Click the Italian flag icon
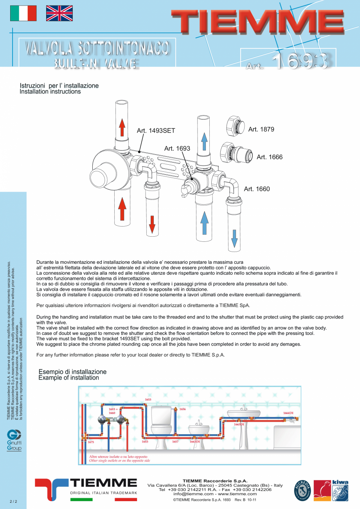(23, 13)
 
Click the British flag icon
(59, 13)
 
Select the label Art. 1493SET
(156, 131)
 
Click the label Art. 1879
(261, 129)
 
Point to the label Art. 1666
(269, 157)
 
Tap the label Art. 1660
(257, 189)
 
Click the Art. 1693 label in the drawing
(177, 148)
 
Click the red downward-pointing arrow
(152, 224)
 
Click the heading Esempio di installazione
(72, 372)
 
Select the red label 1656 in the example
(182, 409)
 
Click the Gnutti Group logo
(14, 441)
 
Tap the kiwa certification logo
(340, 490)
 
